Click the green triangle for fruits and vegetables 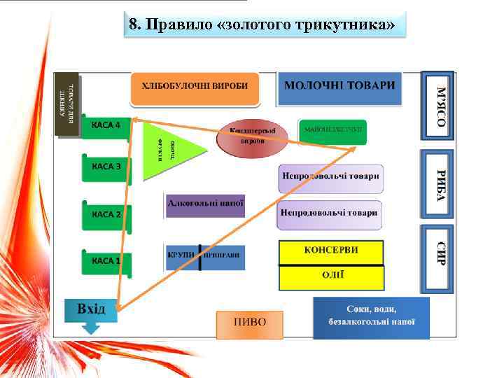(168, 148)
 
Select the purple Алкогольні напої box (205, 204)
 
